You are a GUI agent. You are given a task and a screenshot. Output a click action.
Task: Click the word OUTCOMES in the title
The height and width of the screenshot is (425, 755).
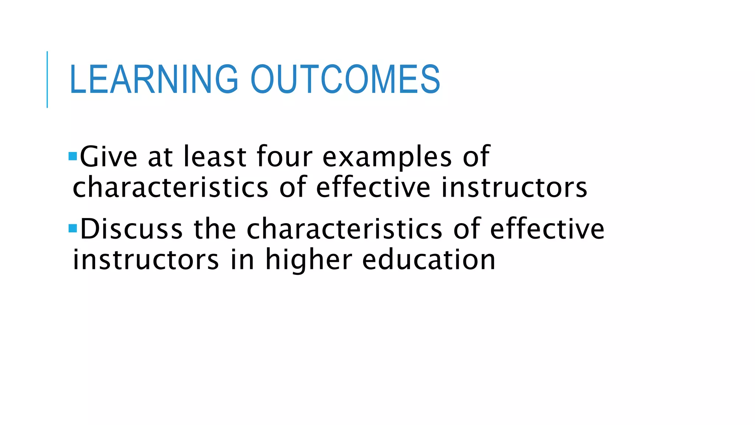coord(345,79)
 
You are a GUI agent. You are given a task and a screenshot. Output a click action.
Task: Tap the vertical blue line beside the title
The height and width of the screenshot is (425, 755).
coord(47,79)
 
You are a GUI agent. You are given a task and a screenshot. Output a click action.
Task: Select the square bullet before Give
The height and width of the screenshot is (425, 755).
coord(73,156)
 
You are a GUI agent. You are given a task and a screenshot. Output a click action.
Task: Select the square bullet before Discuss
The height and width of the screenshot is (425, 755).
coord(73,228)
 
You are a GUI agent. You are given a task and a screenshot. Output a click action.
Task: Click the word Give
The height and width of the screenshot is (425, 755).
coord(109,157)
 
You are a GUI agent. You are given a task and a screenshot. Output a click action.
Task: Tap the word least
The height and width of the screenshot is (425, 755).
coord(215,157)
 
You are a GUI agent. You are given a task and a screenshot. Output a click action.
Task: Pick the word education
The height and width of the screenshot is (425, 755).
coord(429,259)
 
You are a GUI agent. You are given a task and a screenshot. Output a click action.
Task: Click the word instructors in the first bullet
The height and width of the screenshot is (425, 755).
coord(514,187)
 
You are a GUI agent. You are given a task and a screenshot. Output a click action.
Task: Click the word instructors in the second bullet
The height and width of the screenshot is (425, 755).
coord(146,260)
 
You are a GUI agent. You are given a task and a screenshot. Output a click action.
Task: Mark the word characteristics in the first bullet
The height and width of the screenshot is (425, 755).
coord(170,187)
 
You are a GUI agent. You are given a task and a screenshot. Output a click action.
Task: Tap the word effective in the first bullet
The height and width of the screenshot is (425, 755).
coord(373,187)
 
